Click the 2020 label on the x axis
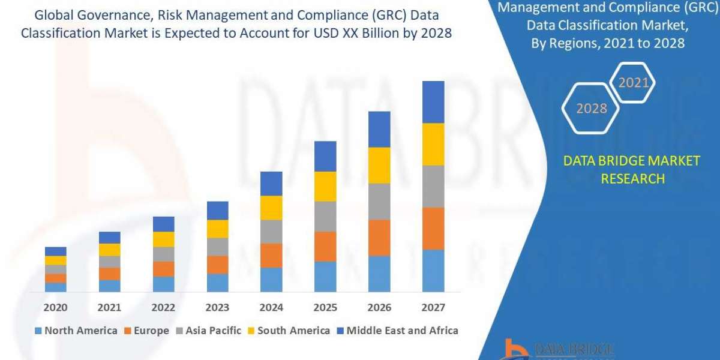[x=55, y=308]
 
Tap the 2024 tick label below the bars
[x=271, y=308]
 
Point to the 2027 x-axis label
[x=433, y=308]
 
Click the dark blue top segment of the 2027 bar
[x=433, y=102]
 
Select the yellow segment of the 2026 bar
[x=379, y=165]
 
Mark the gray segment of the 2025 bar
[x=325, y=217]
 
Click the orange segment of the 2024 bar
[x=271, y=256]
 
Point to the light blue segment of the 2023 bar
[x=217, y=283]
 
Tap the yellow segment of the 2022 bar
[x=163, y=239]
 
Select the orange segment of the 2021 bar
[x=109, y=274]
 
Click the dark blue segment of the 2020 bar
[x=55, y=251]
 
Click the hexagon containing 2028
[x=591, y=109]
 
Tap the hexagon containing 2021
[x=634, y=83]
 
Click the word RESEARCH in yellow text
[x=632, y=179]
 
